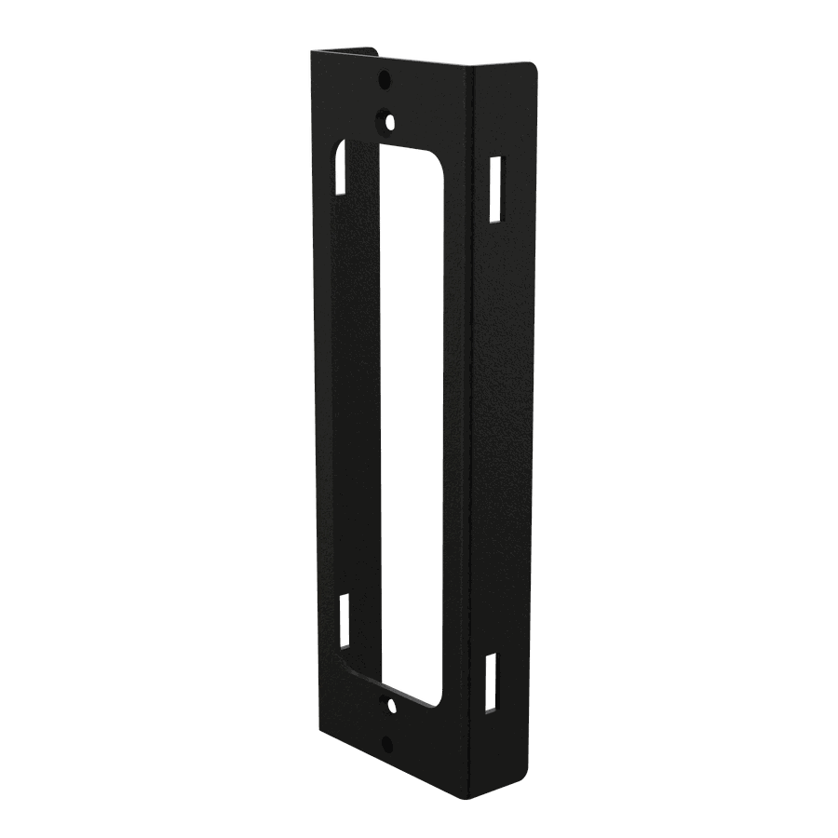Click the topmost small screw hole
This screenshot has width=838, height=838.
tap(385, 81)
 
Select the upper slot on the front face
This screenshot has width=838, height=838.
tap(342, 168)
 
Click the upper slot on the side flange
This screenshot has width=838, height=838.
tap(497, 189)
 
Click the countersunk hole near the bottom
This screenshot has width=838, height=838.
tap(391, 705)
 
